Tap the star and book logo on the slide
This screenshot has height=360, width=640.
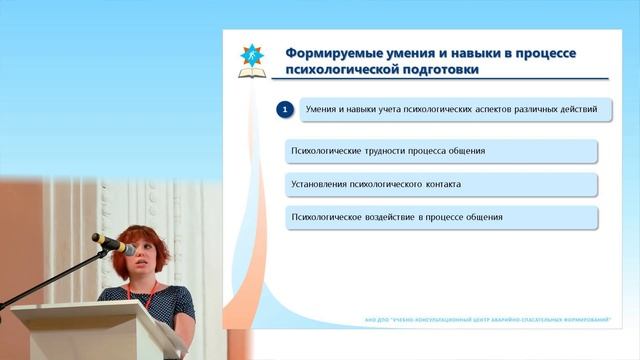tap(252, 61)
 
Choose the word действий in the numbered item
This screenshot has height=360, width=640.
tap(577, 108)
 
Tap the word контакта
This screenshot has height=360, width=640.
tap(439, 184)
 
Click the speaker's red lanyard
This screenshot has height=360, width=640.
tap(144, 296)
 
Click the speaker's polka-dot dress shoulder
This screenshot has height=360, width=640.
tap(180, 297)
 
